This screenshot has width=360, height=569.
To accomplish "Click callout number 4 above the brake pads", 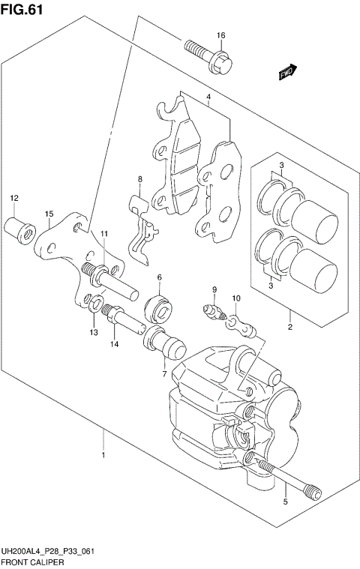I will [208, 98].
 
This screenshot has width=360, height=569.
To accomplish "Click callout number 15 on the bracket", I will [48, 214].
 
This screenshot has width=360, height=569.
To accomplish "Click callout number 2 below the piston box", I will [289, 326].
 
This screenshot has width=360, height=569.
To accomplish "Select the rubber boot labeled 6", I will [159, 306].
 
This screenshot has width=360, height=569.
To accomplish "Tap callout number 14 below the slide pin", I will [115, 344].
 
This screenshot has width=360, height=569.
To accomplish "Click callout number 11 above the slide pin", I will [104, 235].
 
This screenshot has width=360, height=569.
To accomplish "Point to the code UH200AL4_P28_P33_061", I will [47, 551].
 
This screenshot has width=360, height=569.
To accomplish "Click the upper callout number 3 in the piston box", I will [280, 165].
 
